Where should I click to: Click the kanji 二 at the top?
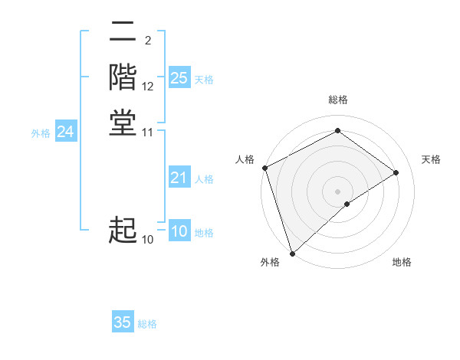123,33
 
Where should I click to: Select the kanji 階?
123,77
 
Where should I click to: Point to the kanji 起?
123,231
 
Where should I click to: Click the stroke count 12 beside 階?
148,86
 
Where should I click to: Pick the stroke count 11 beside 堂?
148,132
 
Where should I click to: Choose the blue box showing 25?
179,78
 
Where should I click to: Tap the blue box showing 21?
179,178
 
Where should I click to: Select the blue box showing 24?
65,132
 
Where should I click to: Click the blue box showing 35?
123,322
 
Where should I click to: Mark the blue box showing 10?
179,231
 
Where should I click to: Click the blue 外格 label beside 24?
41,133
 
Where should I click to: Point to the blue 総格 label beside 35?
147,324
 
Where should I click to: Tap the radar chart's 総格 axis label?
338,100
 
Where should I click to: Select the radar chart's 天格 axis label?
431,159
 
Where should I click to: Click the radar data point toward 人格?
264,168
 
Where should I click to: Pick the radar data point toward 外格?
292,253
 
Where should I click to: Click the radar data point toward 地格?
347,204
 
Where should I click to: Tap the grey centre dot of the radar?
338,191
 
